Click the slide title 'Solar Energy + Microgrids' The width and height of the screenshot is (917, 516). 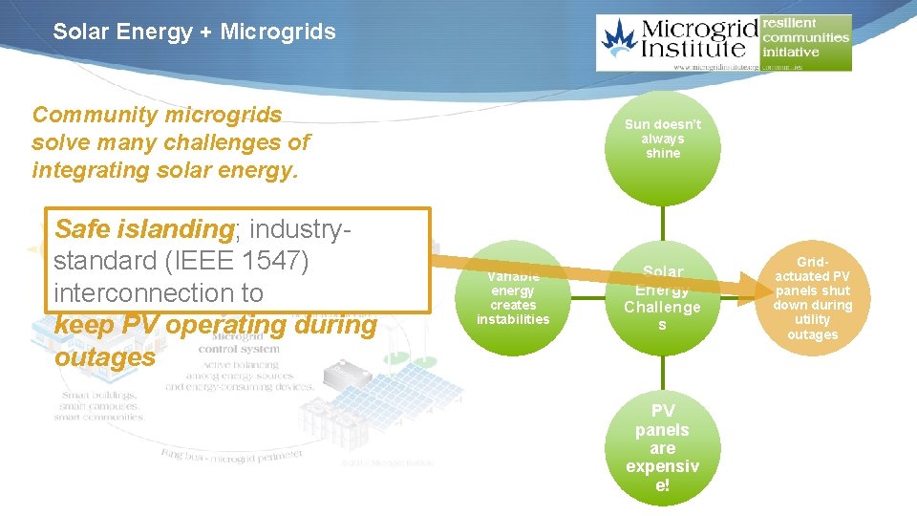coord(194,32)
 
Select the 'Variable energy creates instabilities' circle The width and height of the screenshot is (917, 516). coord(513,297)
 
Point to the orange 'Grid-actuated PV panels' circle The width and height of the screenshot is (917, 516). coord(812,297)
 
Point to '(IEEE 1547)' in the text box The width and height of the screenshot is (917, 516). coord(248,261)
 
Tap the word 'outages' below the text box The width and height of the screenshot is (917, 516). coord(104,357)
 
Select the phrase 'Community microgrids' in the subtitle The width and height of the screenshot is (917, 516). coord(157,115)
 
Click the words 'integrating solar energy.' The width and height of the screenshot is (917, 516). coord(164,170)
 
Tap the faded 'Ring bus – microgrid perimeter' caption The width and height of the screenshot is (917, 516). coord(232,454)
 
